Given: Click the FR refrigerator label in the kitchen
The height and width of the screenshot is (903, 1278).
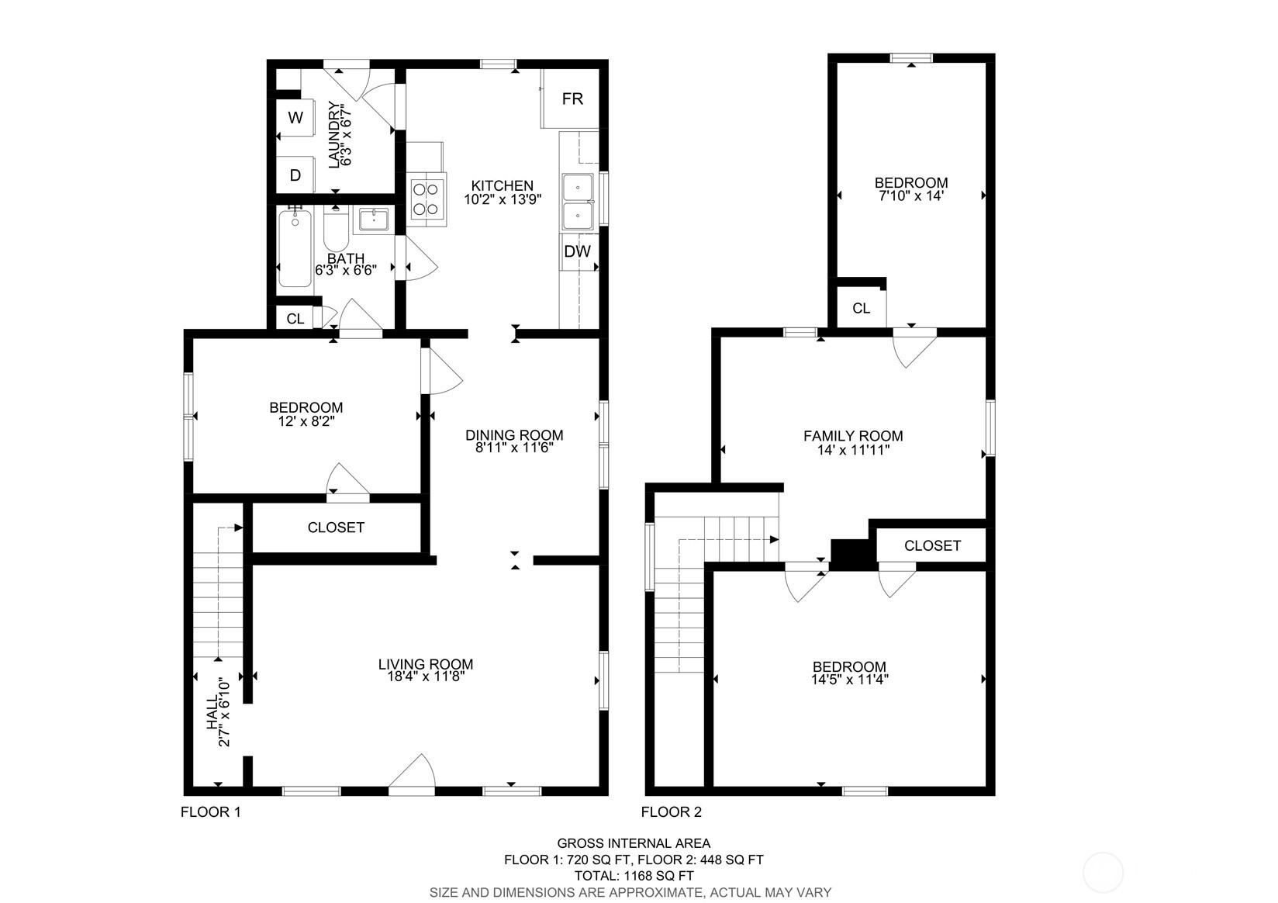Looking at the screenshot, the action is click(x=572, y=99).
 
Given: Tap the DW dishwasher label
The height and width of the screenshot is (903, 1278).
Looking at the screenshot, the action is click(x=578, y=251).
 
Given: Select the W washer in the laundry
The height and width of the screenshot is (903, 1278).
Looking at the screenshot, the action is click(x=295, y=118).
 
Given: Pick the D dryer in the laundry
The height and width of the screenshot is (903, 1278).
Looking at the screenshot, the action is click(x=295, y=175).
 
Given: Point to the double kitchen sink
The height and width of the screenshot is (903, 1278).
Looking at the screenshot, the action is click(x=578, y=202).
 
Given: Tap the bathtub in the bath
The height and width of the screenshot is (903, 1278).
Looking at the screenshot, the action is click(x=295, y=248).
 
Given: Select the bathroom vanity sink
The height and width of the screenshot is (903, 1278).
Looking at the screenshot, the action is click(x=373, y=220).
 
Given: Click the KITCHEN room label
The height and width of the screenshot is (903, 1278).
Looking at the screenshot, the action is click(x=502, y=185).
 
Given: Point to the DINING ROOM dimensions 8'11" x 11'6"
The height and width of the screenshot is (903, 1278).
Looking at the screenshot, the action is click(x=515, y=448).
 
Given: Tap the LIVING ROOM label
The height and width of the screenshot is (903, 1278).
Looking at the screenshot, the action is click(x=426, y=664).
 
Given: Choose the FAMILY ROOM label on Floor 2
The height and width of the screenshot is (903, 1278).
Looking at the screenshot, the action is click(x=853, y=436).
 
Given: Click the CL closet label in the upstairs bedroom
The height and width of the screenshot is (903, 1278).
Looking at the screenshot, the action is click(x=861, y=308).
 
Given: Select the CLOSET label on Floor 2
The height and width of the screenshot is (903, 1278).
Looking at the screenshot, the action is click(x=932, y=545).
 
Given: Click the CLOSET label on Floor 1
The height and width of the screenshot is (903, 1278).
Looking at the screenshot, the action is click(x=336, y=528).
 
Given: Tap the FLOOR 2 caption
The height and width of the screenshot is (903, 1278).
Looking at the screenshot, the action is click(x=671, y=811).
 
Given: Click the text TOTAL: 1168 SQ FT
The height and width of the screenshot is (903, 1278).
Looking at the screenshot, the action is click(x=634, y=876).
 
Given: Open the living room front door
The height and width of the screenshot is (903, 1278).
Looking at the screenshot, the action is click(x=412, y=775).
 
